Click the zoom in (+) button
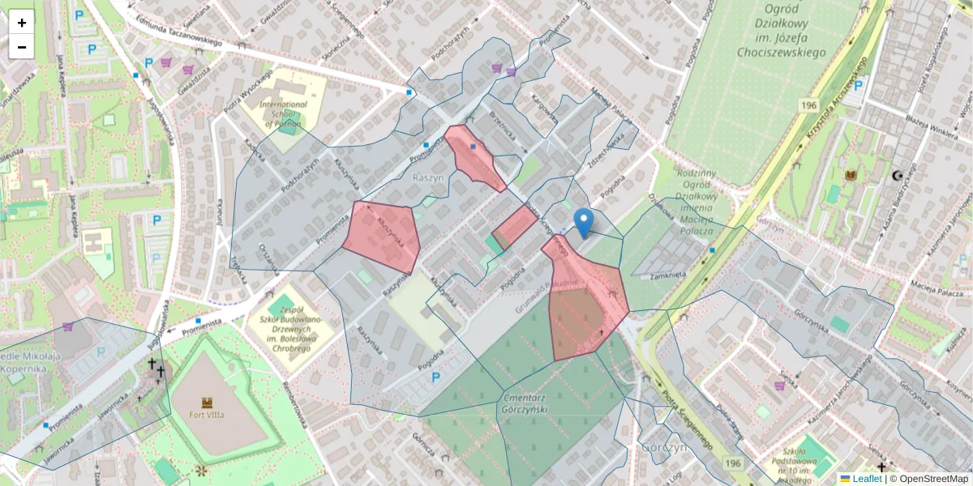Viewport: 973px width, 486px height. [x=22, y=23]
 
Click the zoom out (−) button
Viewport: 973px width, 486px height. [x=22, y=47]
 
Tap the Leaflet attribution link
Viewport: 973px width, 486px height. [x=865, y=479]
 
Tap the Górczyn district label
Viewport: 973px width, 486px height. [x=664, y=446]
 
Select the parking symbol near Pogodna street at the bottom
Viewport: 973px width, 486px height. [x=435, y=377]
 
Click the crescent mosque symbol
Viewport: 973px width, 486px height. [x=896, y=175]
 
